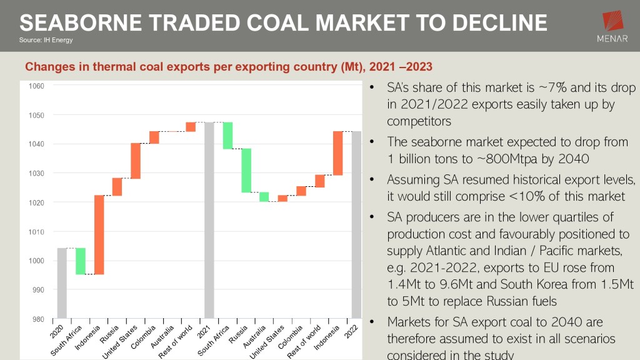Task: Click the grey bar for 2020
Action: [x=62, y=282]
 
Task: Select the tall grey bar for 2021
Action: [x=209, y=220]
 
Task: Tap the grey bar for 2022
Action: [x=356, y=224]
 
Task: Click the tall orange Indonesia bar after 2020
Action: [x=99, y=234]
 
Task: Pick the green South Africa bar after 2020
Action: [x=81, y=261]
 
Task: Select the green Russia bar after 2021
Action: [x=246, y=171]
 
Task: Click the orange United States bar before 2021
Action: [x=136, y=161]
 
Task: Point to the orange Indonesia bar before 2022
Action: [x=338, y=153]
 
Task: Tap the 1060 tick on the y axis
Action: [x=36, y=86]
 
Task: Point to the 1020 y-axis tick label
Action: [x=36, y=203]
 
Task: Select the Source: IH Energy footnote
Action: [x=46, y=41]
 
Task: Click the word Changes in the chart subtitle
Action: [x=48, y=67]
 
